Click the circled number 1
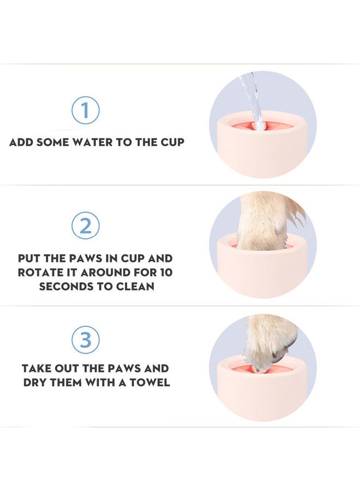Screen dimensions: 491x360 [86, 110]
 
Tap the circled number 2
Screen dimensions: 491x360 [86, 225]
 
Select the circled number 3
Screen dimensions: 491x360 [86, 340]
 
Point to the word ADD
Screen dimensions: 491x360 [21, 142]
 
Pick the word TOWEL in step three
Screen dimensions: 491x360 [150, 382]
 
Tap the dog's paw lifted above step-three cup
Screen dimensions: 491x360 [270, 341]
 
